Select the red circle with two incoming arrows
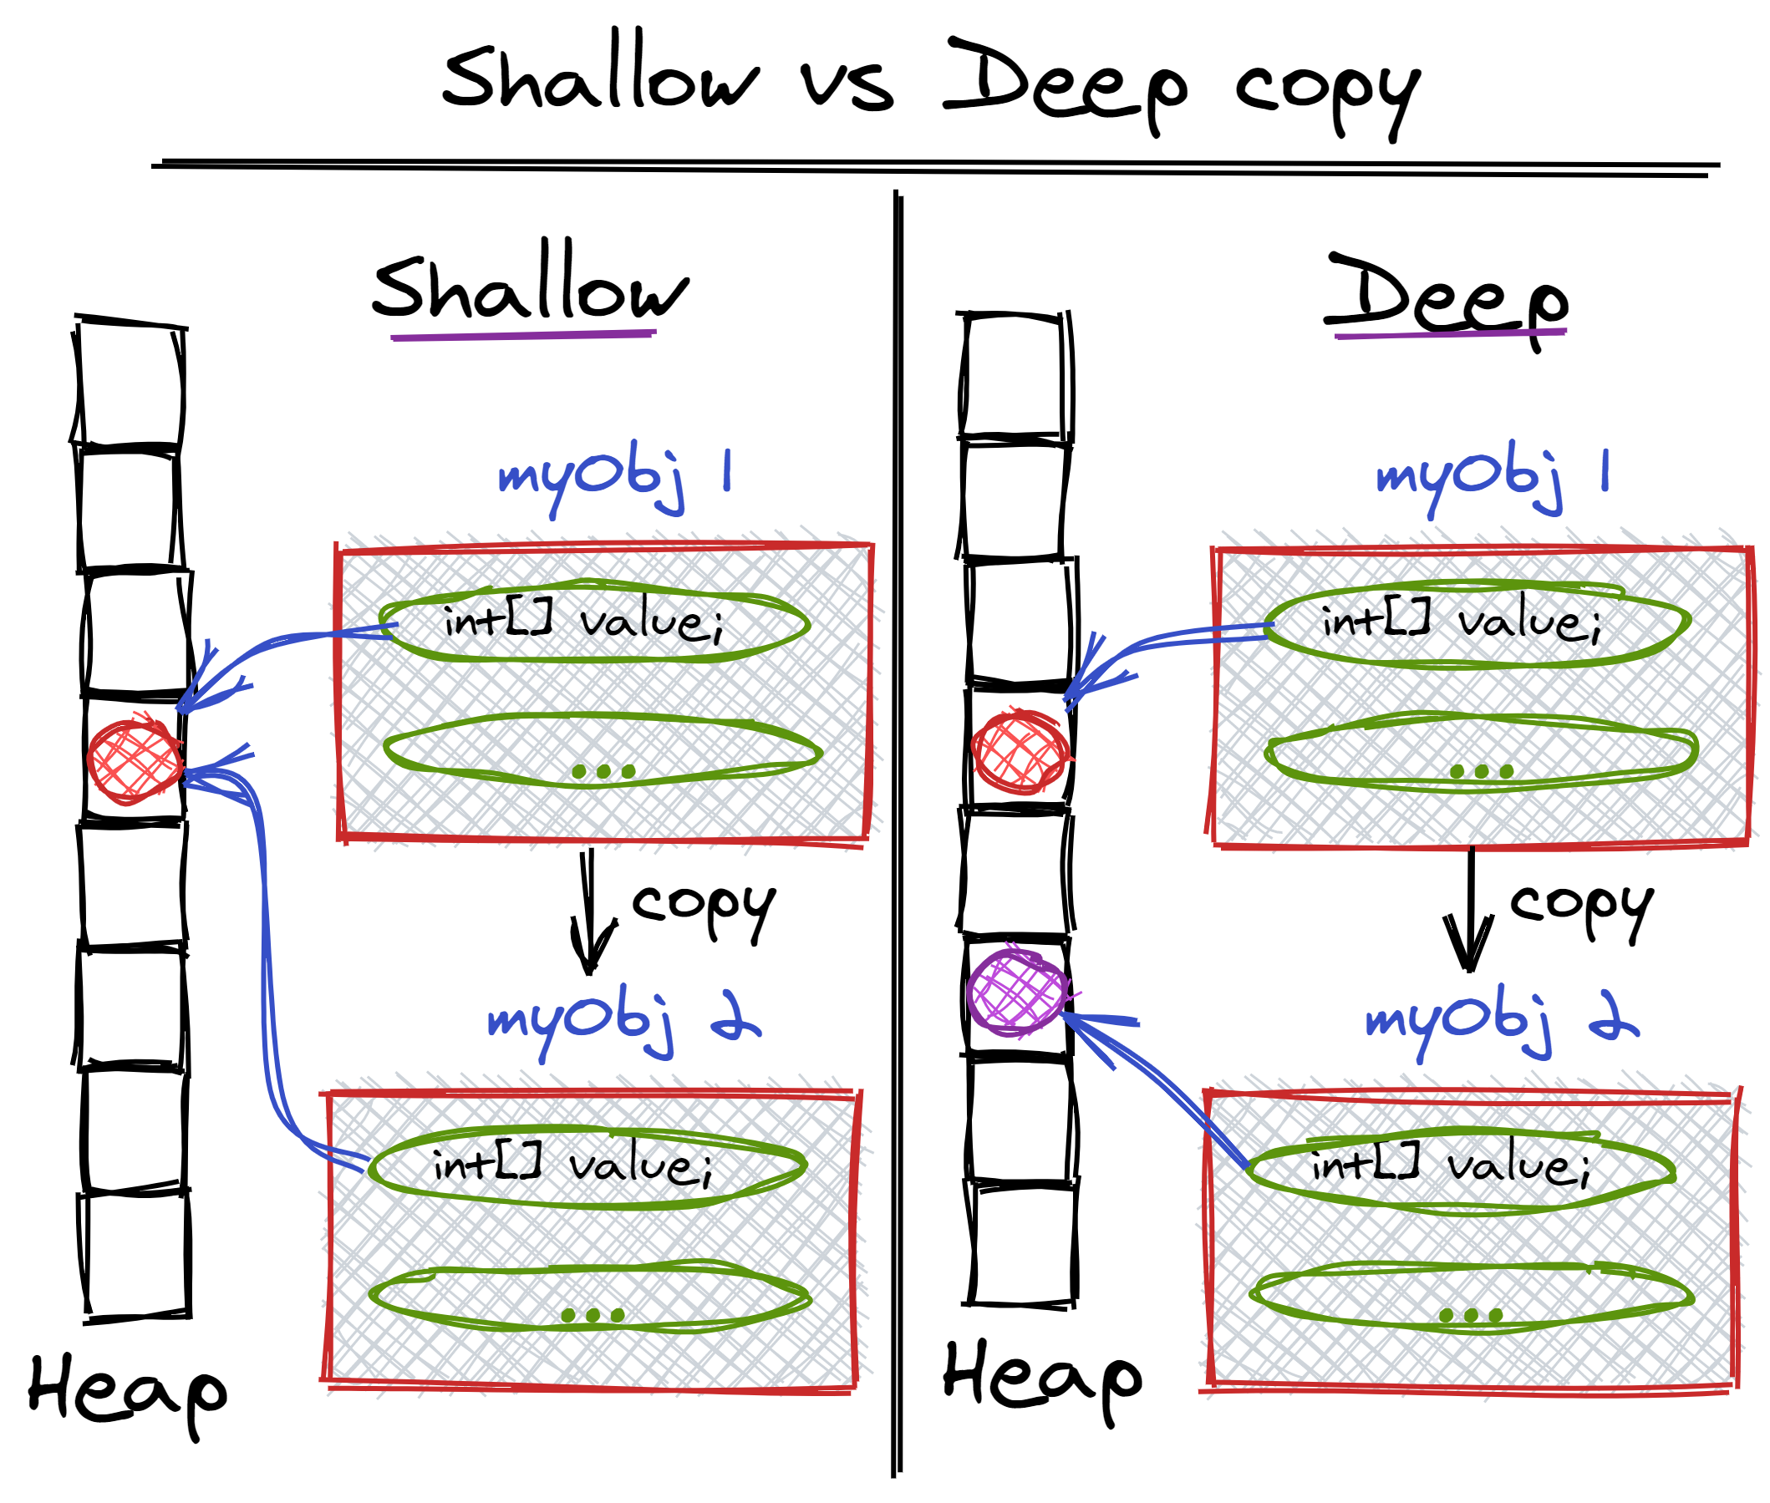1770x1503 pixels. tap(135, 761)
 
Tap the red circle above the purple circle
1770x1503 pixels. tap(1020, 752)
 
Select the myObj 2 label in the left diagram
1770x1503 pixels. tap(622, 1020)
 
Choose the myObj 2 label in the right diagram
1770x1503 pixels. tap(1501, 1020)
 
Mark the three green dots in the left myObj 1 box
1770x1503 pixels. tap(603, 771)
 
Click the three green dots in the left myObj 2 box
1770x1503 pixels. tap(593, 1315)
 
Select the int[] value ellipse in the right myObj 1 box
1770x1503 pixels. tap(1475, 625)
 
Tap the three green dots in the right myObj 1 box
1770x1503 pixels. tap(1481, 771)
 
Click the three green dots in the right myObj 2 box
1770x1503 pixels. tap(1470, 1316)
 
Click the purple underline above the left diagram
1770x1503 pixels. tap(522, 335)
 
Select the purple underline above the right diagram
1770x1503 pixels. tap(1450, 334)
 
